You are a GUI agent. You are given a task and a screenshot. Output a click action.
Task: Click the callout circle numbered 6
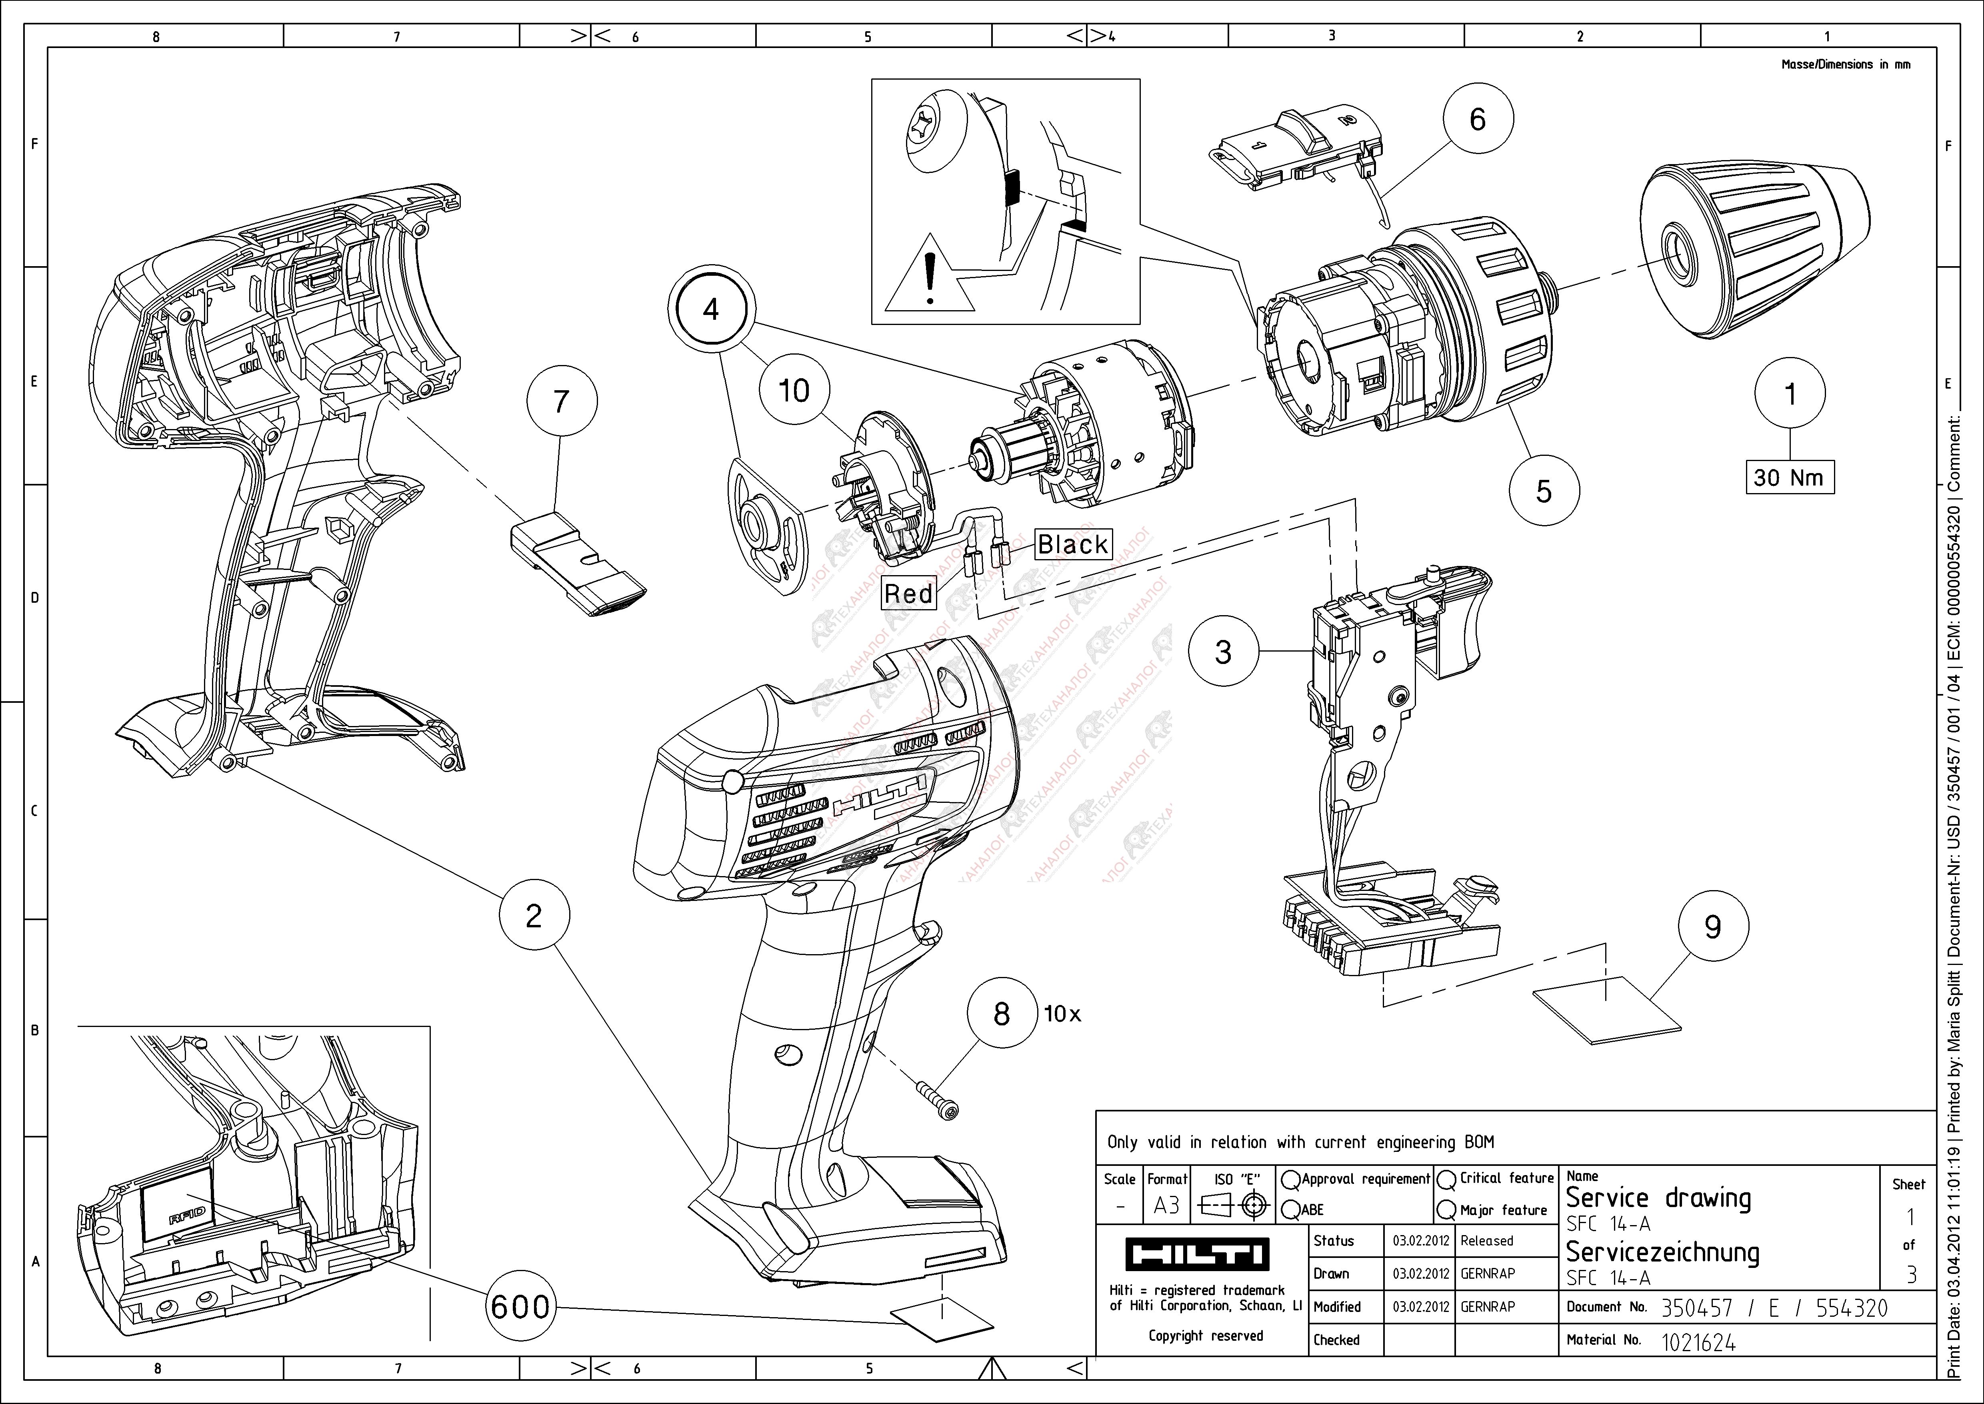1478,119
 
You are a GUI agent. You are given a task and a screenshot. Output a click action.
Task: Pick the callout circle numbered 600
520,1306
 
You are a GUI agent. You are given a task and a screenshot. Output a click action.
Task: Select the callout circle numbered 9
1713,927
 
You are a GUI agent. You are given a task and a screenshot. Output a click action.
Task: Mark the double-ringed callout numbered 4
711,309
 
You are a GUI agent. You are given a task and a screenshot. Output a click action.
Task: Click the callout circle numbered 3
1223,652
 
